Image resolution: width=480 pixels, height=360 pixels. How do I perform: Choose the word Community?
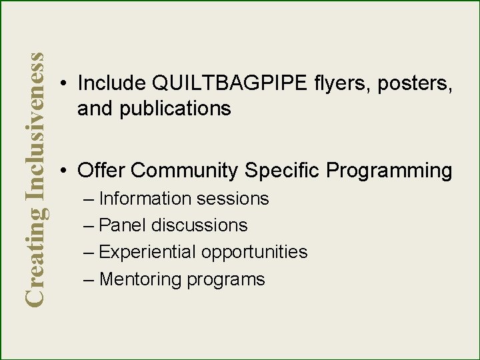point(184,171)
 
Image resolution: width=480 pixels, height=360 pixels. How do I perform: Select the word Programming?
point(389,171)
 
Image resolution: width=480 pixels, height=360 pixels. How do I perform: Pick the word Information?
point(145,199)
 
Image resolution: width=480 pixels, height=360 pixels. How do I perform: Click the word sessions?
point(232,199)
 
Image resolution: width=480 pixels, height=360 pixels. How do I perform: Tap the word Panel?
point(123,225)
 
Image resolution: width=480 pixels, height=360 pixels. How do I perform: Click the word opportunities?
point(254,253)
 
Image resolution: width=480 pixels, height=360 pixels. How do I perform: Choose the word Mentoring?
point(140,279)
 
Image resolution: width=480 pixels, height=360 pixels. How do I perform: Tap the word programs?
point(226,280)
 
